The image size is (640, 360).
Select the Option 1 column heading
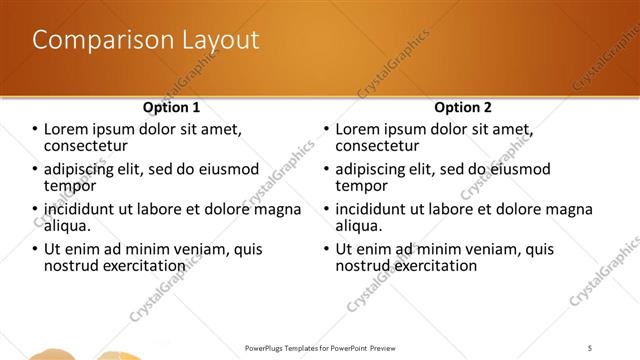click(x=171, y=107)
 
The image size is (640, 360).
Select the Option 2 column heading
click(x=462, y=107)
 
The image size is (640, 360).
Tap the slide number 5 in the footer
click(x=590, y=347)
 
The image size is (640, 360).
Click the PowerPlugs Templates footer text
click(x=319, y=347)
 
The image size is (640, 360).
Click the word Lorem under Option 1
click(x=68, y=129)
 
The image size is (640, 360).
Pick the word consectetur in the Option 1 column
click(x=88, y=146)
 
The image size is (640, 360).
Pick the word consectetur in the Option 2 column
click(x=379, y=146)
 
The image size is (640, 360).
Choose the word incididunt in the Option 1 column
click(x=86, y=209)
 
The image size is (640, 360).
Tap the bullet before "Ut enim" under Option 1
click(x=35, y=249)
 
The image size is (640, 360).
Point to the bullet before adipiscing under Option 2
click(x=326, y=169)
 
